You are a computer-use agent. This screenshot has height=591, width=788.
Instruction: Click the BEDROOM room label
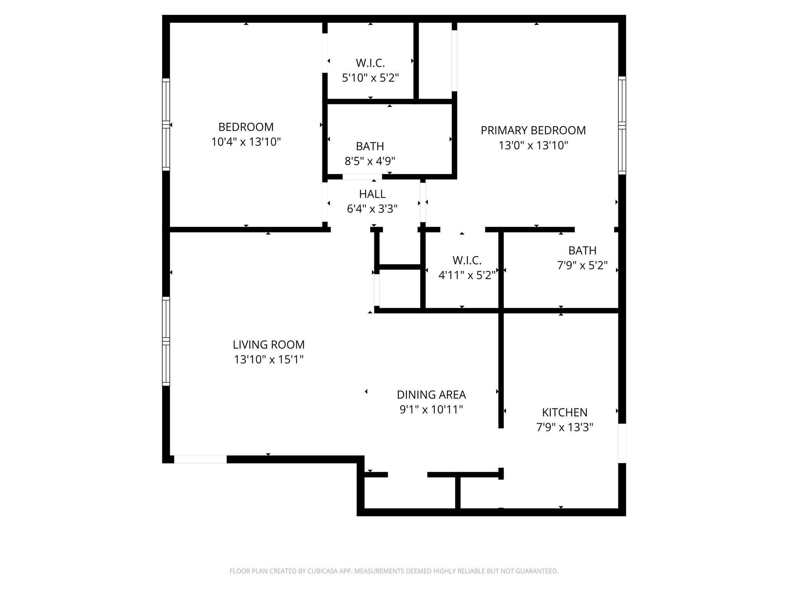click(x=246, y=127)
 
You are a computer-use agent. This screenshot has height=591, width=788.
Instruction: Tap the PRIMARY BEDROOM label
click(x=533, y=130)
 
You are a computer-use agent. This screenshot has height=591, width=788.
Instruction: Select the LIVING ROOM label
click(x=269, y=344)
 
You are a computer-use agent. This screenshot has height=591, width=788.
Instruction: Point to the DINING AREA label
click(x=431, y=395)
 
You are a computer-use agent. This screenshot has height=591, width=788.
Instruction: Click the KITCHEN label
click(x=565, y=412)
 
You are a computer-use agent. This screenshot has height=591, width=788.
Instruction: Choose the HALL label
click(x=372, y=194)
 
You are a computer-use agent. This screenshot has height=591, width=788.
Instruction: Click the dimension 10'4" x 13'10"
click(x=246, y=142)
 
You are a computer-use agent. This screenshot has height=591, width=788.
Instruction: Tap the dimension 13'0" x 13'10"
click(x=533, y=145)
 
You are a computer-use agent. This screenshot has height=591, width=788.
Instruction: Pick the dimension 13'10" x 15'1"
click(x=269, y=359)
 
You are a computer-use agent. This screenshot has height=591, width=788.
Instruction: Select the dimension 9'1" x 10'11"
click(x=431, y=409)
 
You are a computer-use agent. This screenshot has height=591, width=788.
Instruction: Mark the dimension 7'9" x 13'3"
click(x=565, y=427)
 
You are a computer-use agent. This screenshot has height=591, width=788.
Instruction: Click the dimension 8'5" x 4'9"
click(x=370, y=161)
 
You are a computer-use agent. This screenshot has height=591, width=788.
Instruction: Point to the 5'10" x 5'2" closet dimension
click(x=370, y=78)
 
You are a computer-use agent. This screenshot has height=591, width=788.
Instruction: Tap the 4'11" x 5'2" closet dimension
click(x=467, y=275)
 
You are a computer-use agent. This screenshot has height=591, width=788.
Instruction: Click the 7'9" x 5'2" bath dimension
click(x=583, y=265)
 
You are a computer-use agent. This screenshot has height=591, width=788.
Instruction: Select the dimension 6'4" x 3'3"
click(x=372, y=209)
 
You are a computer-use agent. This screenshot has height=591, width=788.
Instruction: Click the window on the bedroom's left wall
click(x=166, y=124)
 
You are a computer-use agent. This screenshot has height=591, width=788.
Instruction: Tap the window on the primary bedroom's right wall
click(x=622, y=125)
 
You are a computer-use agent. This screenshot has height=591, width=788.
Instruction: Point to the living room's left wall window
click(x=166, y=341)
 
